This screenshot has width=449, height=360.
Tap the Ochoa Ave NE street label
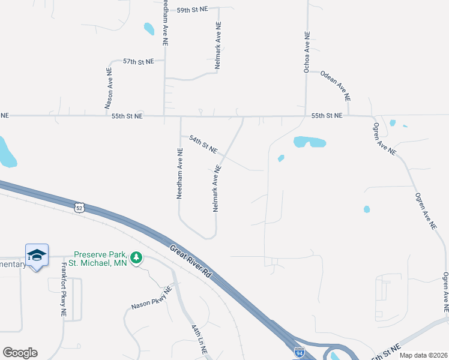307,53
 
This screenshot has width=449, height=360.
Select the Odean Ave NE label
336,85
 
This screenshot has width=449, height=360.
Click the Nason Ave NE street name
109,88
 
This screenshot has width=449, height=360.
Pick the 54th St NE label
203,144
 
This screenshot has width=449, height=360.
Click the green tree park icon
137,257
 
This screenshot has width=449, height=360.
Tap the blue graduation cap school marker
37,255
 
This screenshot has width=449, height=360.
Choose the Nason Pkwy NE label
151,298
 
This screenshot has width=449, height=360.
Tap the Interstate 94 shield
298,355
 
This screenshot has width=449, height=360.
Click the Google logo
20,353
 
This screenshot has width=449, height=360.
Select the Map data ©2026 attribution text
424,355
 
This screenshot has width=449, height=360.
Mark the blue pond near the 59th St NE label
148,28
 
